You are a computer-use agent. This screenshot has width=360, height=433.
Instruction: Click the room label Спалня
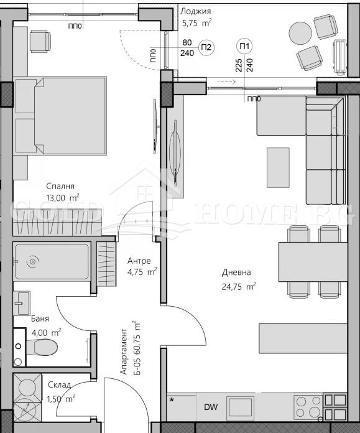coord(60,186)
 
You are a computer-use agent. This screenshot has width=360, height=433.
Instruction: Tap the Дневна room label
coord(236,272)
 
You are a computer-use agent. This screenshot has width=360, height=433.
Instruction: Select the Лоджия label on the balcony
coord(195,11)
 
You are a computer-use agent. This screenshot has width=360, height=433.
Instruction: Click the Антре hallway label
coord(139,261)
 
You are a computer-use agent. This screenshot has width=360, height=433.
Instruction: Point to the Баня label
coord(40,319)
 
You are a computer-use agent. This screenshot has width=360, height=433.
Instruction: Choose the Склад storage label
coord(59,385)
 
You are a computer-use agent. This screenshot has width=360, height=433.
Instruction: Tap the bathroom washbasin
coord(24,304)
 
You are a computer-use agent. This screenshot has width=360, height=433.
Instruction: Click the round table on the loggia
coord(300,32)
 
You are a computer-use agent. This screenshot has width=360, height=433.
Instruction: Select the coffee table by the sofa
coord(278,167)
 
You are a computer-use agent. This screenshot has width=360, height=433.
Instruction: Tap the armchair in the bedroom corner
coord(40,41)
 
